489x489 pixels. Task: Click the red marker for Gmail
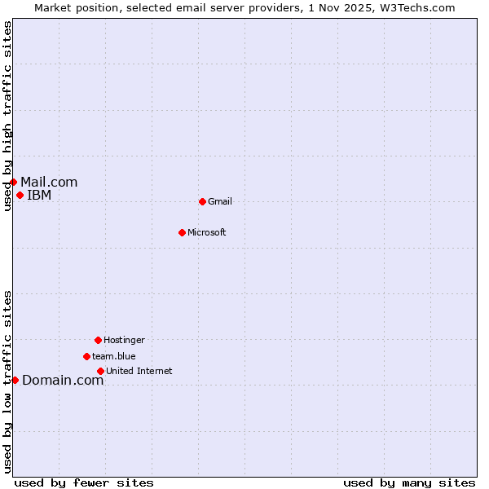pyautogui.click(x=202, y=201)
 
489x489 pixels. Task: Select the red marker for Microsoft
pyautogui.click(x=182, y=232)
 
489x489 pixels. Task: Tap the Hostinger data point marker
pyautogui.click(x=98, y=340)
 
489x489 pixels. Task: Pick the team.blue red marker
pyautogui.click(x=86, y=356)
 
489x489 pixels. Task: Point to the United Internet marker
pyautogui.click(x=100, y=371)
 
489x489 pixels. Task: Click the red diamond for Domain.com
pyautogui.click(x=15, y=380)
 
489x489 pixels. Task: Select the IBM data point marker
pyautogui.click(x=20, y=195)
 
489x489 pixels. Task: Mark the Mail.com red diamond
pyautogui.click(x=13, y=182)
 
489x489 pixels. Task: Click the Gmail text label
pyautogui.click(x=220, y=202)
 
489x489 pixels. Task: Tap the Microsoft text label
pyautogui.click(x=207, y=233)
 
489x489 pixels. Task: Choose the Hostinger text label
pyautogui.click(x=124, y=341)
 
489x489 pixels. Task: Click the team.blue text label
pyautogui.click(x=114, y=357)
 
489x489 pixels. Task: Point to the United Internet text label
pyautogui.click(x=139, y=372)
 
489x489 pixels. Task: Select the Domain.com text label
pyautogui.click(x=63, y=381)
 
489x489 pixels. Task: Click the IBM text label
pyautogui.click(x=39, y=196)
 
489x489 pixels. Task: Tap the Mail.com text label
pyautogui.click(x=49, y=183)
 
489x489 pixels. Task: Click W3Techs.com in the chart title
pyautogui.click(x=415, y=7)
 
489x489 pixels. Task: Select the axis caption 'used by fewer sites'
pyautogui.click(x=84, y=483)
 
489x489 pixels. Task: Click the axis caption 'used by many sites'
pyautogui.click(x=409, y=483)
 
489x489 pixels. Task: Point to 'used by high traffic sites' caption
pyautogui.click(x=7, y=116)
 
